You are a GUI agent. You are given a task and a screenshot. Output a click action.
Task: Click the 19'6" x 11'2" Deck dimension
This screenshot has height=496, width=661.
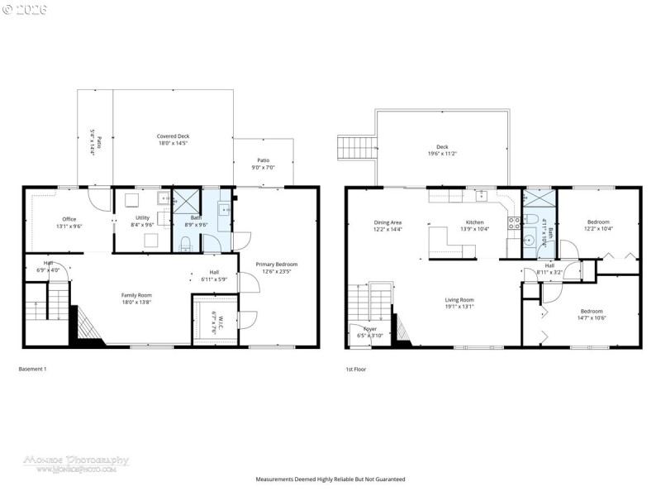click(x=442, y=154)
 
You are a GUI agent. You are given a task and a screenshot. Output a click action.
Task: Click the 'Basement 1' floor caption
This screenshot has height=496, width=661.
click(x=32, y=369)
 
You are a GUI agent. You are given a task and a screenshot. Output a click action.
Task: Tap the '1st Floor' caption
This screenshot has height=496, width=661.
click(x=356, y=369)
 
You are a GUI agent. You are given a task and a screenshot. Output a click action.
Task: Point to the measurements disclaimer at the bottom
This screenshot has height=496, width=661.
click(x=330, y=479)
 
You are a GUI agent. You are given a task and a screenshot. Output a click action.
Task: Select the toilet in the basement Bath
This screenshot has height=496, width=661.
click(x=187, y=242)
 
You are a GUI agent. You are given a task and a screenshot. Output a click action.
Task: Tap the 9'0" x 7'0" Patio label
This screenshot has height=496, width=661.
click(x=263, y=164)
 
